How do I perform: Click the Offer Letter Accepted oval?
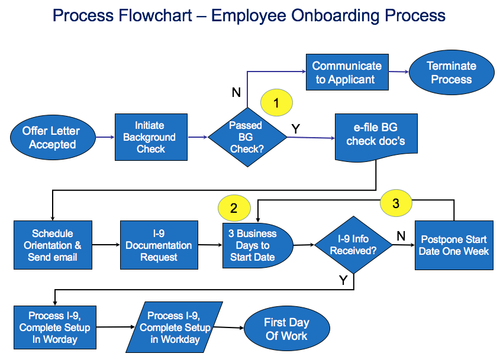[x=53, y=137]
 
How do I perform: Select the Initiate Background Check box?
[x=151, y=137]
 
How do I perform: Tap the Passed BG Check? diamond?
[x=247, y=137]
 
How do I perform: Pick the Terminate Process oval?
[x=451, y=72]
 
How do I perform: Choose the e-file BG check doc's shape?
[x=376, y=136]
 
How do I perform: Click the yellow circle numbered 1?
[x=276, y=103]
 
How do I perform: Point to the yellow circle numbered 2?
[x=234, y=207]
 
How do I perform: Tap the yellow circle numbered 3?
[x=396, y=203]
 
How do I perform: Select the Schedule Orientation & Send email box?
[x=53, y=245]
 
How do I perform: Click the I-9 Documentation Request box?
[x=159, y=245]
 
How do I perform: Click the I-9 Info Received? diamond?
[x=353, y=245]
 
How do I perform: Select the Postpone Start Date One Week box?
[x=454, y=245]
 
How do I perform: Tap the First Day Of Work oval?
[x=286, y=329]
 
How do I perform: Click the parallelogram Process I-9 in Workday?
[x=175, y=327]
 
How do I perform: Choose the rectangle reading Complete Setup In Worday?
[x=54, y=327]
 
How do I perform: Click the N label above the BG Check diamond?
[x=236, y=92]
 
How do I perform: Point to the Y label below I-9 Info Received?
[x=343, y=281]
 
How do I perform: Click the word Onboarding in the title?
[x=331, y=15]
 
